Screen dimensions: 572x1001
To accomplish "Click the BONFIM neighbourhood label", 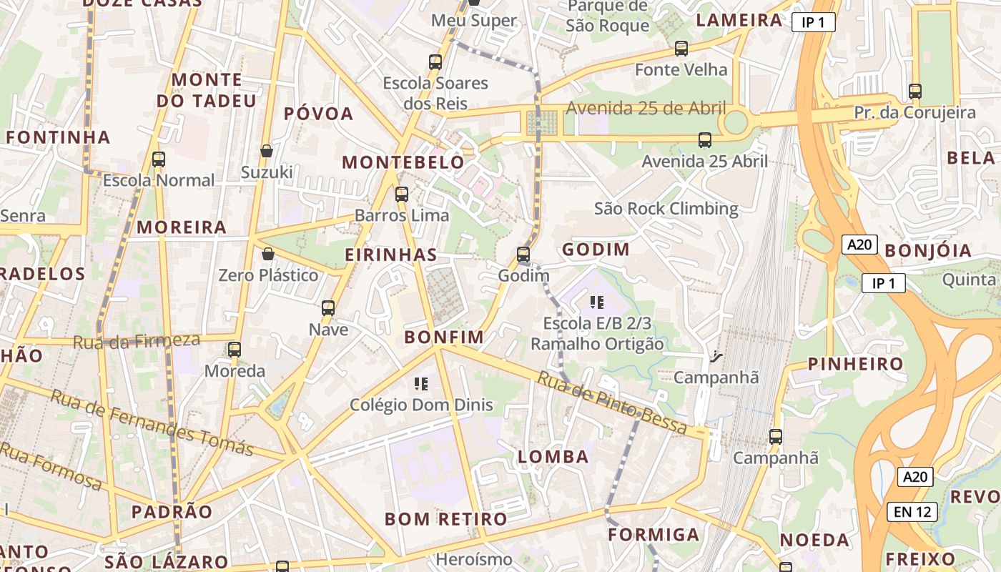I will click(x=443, y=337).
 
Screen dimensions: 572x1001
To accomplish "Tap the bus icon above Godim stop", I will click(x=523, y=255).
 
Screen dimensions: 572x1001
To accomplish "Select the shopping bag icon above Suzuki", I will click(x=267, y=151).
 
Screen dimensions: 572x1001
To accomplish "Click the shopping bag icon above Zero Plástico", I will click(x=268, y=254).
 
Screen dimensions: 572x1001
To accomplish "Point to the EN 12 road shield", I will click(x=912, y=512).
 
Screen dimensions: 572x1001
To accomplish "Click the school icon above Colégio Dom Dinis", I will click(x=421, y=384).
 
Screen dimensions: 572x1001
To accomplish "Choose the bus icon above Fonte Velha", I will click(x=681, y=49).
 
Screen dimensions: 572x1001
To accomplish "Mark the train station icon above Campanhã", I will click(x=716, y=356).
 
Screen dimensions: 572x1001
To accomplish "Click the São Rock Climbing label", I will click(x=666, y=209).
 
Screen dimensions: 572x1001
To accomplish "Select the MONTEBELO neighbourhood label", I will click(x=403, y=162).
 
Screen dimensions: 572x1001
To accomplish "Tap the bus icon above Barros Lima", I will click(x=402, y=194).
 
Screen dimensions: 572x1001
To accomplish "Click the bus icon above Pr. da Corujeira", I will click(x=915, y=92).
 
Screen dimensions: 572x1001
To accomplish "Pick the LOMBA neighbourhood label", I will click(x=553, y=457).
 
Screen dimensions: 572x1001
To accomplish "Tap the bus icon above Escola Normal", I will click(x=159, y=159).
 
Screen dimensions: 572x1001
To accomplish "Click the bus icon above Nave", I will click(x=328, y=308).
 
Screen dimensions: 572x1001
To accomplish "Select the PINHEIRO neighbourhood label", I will click(x=855, y=364).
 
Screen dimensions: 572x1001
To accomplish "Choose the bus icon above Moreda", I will click(x=235, y=350).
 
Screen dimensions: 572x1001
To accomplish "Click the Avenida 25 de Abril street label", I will click(x=646, y=109).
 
